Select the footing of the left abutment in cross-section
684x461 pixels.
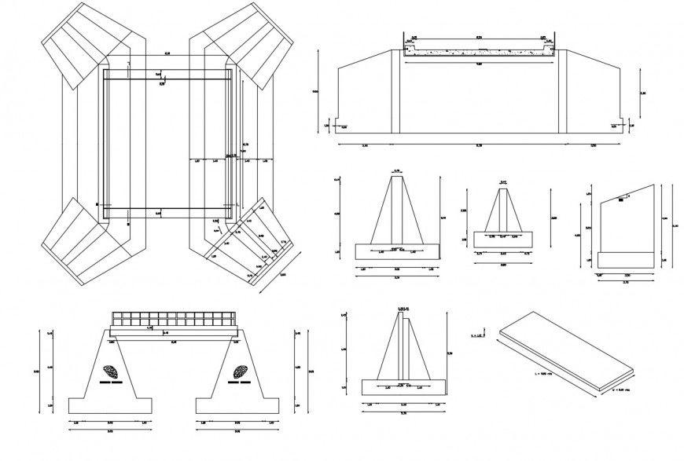click(x=109, y=405)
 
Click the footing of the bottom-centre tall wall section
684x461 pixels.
click(x=402, y=387)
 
